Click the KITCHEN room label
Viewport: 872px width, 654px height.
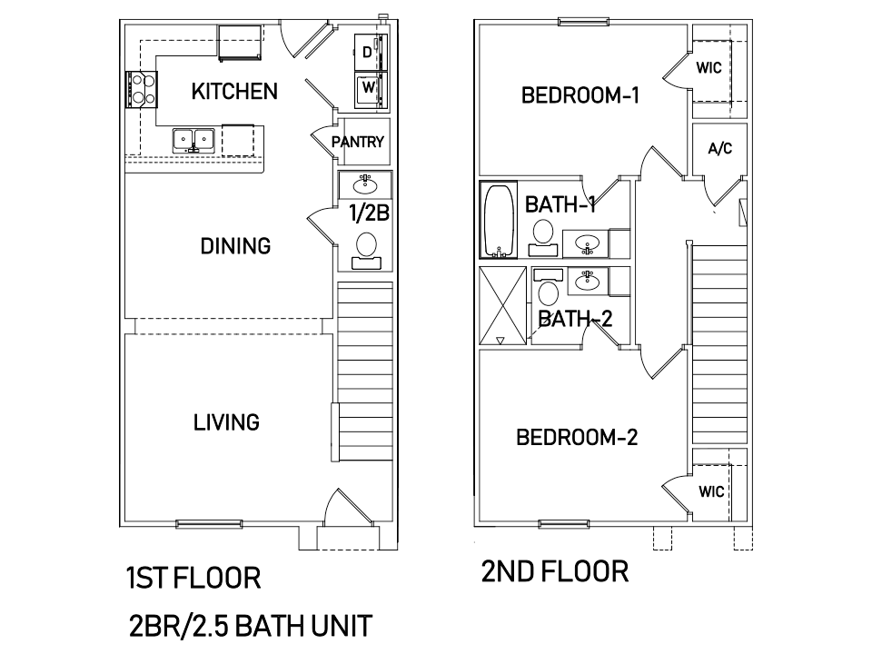point(234,91)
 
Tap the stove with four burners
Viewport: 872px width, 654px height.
point(142,90)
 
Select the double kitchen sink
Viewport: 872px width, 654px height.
point(193,140)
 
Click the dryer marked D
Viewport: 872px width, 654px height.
point(371,53)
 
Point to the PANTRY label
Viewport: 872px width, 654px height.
point(358,142)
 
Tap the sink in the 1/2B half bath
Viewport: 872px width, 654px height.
point(365,183)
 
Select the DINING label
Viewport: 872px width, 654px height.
point(235,245)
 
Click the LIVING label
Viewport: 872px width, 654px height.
point(226,422)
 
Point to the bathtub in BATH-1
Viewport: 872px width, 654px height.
point(499,220)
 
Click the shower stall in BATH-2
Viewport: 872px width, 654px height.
point(502,306)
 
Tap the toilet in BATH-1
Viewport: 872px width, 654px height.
point(543,238)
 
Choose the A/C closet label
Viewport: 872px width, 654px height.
point(719,148)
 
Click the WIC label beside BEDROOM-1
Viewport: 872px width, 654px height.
point(708,68)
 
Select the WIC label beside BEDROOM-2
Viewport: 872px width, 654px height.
point(711,491)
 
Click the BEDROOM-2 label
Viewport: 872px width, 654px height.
point(577,437)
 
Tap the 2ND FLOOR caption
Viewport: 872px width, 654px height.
point(554,571)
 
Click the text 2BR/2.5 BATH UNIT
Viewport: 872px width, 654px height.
point(251,626)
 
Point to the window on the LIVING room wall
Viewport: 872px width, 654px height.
point(209,523)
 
